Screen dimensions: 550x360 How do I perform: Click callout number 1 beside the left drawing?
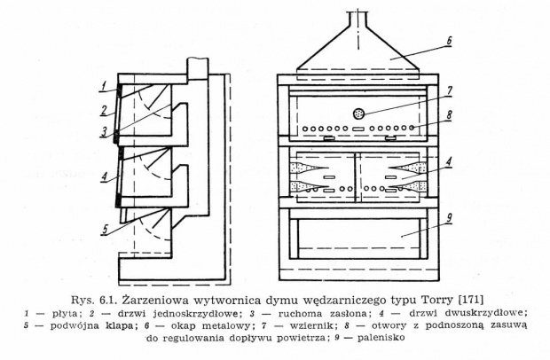pos(103,85)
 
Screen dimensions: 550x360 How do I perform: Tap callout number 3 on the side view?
pos(104,132)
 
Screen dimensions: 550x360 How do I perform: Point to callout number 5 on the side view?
pos(106,230)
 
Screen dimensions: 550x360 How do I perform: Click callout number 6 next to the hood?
pos(449,41)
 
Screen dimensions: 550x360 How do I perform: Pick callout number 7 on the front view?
pos(450,91)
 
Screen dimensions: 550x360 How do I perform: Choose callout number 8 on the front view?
pos(449,114)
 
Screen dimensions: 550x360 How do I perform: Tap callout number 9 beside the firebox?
pos(449,217)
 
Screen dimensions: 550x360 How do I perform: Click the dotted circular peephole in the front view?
pos(359,113)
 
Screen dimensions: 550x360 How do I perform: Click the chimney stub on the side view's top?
pos(198,67)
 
